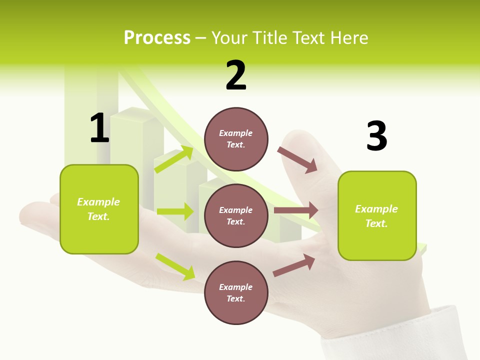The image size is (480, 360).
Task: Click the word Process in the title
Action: pos(157,38)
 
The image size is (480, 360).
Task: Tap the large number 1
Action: pos(99,128)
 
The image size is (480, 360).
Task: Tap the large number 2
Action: pos(236,75)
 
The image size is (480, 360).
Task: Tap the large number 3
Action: pos(376,136)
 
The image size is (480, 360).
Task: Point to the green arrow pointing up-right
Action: pos(174,159)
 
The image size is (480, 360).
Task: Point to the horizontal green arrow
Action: pos(175,211)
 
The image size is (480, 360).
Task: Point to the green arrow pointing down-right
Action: pos(175,266)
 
